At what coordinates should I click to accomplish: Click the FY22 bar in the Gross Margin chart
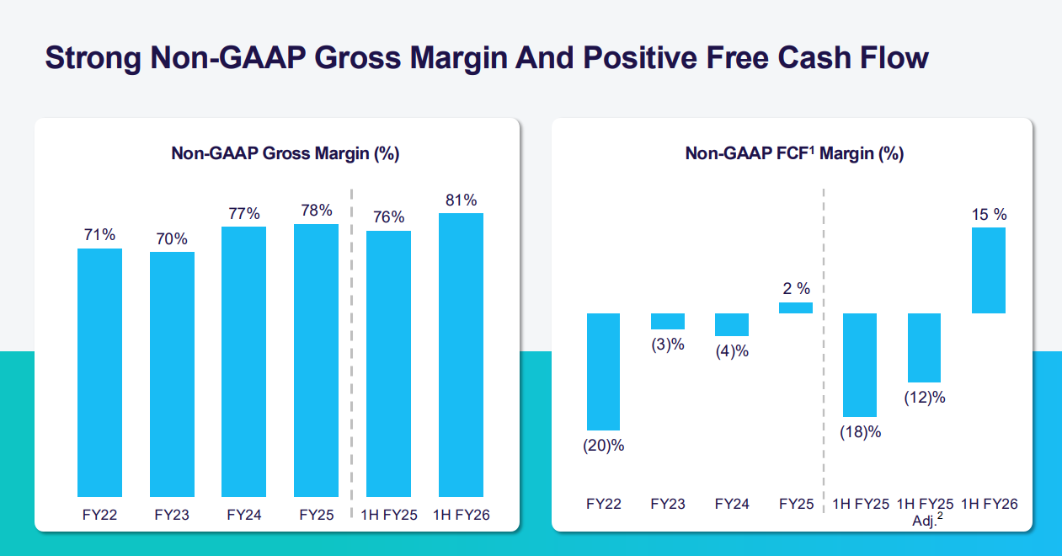tap(99, 372)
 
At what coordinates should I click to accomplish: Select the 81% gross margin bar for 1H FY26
tap(461, 355)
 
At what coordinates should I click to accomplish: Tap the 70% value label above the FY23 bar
tap(172, 239)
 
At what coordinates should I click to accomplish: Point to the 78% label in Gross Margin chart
tap(316, 211)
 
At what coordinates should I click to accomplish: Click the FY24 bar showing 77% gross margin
tap(243, 361)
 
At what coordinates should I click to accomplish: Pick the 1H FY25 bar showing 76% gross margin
tap(388, 364)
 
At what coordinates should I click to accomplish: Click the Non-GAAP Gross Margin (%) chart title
tap(285, 153)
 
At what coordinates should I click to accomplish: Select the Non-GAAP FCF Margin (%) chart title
tap(794, 153)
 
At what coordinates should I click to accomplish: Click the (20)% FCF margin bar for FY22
tap(603, 372)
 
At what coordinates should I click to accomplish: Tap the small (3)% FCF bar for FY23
tap(668, 321)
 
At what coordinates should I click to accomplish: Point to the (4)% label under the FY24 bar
tap(732, 351)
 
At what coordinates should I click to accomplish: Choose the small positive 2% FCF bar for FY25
tap(796, 307)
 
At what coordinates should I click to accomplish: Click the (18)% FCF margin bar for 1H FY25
tap(860, 365)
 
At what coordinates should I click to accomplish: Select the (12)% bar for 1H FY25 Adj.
tap(924, 348)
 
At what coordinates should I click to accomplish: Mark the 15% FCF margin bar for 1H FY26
tap(989, 270)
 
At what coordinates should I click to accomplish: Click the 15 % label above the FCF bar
tap(989, 215)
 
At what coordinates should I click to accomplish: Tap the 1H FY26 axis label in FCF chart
tap(989, 505)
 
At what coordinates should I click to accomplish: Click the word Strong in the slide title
tap(92, 59)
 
